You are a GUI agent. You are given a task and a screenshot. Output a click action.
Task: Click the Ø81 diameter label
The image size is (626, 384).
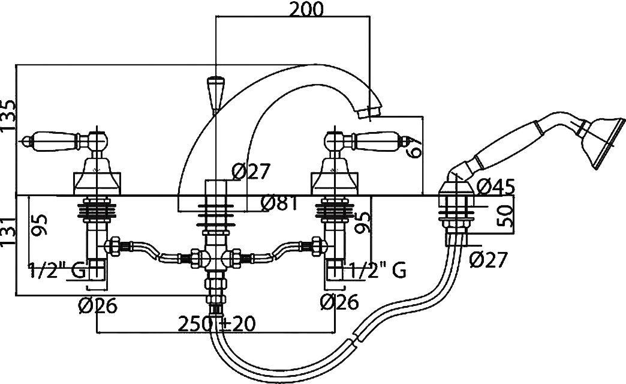pos(280,205)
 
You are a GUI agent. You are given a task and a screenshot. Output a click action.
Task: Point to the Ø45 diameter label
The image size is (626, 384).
pos(495,187)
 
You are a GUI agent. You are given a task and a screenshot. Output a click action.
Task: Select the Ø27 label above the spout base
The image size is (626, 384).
pos(251,172)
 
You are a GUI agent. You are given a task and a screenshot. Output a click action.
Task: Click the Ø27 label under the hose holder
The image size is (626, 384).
pos(488,260)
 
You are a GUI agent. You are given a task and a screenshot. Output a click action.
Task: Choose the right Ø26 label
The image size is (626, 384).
pos(339,302)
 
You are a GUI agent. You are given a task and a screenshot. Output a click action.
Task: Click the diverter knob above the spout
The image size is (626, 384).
pos(214,92)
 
